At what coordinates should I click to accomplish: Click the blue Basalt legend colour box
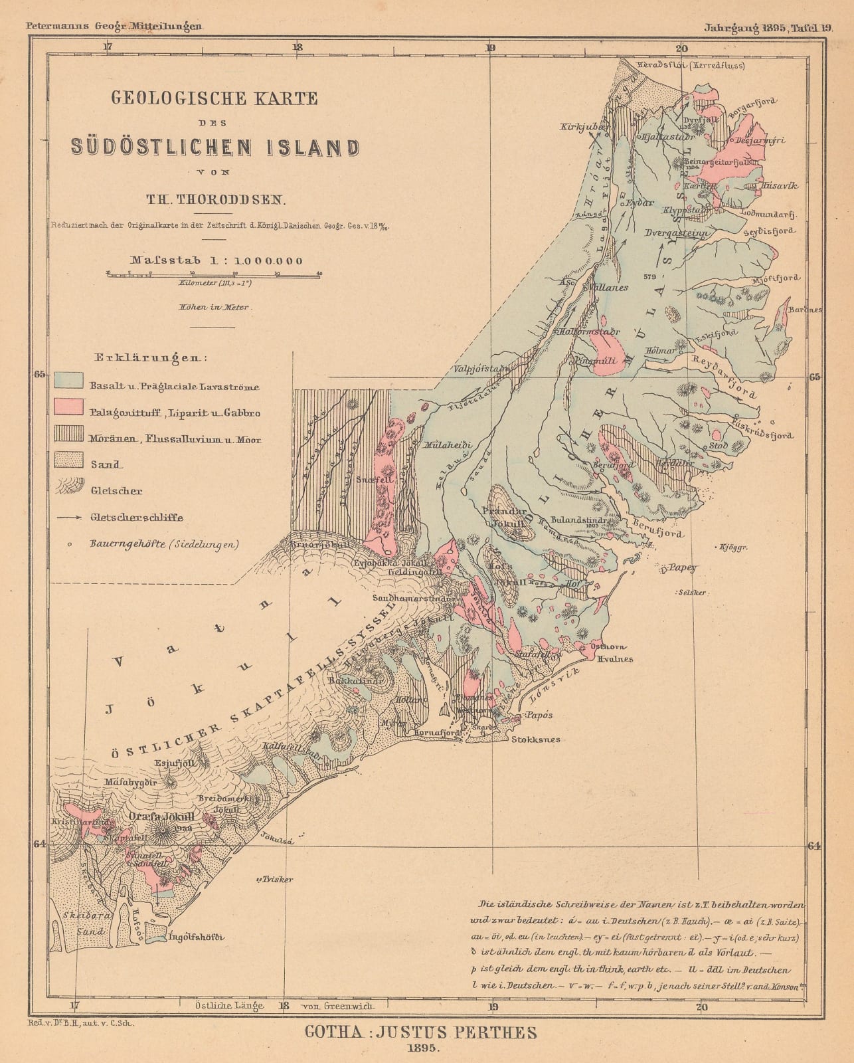pyautogui.click(x=69, y=380)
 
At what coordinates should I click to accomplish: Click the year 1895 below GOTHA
pyautogui.click(x=420, y=1050)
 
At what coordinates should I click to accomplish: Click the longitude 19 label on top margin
pyautogui.click(x=490, y=47)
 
